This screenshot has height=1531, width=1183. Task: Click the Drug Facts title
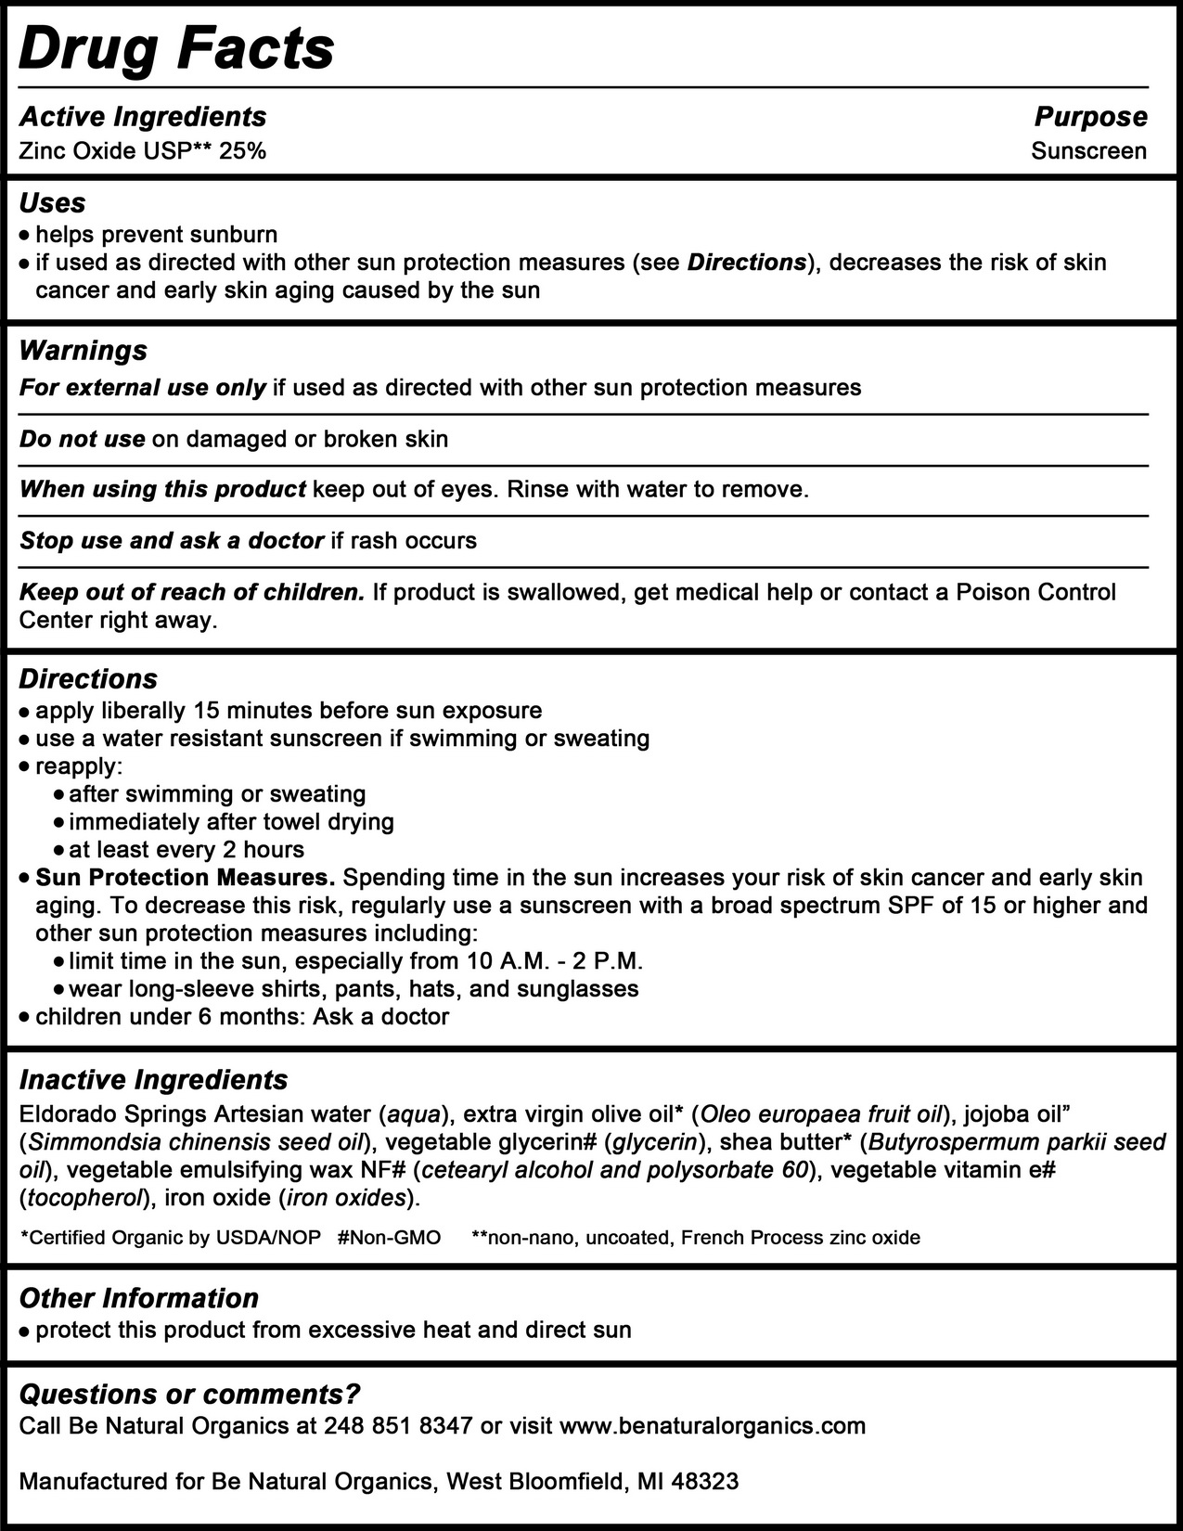coord(176,48)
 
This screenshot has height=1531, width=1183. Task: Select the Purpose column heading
coord(1090,117)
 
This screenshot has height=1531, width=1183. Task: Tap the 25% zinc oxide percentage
coord(243,150)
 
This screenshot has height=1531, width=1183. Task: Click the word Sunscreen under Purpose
coord(1088,150)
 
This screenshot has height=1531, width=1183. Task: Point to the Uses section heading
coord(52,203)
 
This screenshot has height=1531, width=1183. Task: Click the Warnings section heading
coord(83,350)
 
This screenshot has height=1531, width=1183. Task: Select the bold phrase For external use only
coord(143,387)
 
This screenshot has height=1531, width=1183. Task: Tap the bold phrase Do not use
coord(82,439)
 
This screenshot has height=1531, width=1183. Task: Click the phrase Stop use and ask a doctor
coord(172,540)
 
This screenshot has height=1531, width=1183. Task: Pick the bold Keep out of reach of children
coord(192,592)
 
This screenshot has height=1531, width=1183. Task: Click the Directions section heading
coord(88,678)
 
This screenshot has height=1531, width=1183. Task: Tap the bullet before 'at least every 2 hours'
coord(59,850)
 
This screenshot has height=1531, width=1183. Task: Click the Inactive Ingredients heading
coord(153,1080)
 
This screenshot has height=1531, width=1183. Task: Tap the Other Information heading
coord(138,1298)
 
